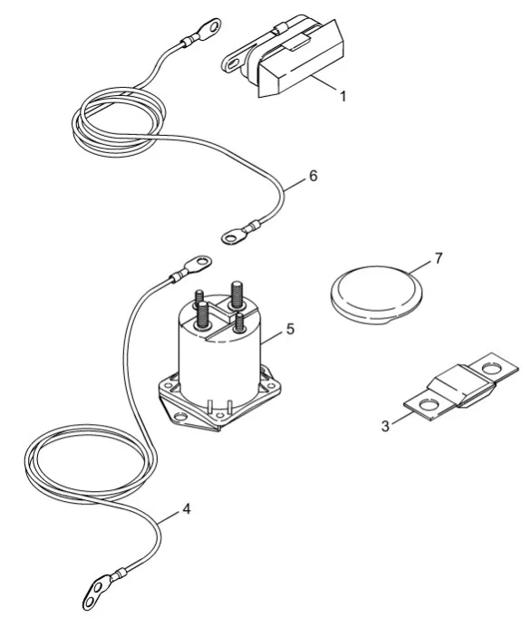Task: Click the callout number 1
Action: click(x=343, y=96)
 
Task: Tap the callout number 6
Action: click(x=314, y=176)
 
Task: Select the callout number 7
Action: click(x=439, y=258)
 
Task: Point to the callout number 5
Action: click(x=290, y=329)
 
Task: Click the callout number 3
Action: click(x=385, y=426)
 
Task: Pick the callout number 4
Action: click(x=187, y=509)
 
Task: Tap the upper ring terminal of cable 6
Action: click(x=208, y=30)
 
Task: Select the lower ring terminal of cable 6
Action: click(x=231, y=238)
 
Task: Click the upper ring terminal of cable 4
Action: click(x=198, y=264)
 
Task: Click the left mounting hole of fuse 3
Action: click(x=429, y=406)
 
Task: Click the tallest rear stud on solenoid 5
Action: click(x=237, y=295)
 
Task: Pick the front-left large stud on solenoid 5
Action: click(x=202, y=315)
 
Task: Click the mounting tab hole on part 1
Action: click(x=232, y=64)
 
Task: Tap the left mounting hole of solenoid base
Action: click(x=180, y=418)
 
